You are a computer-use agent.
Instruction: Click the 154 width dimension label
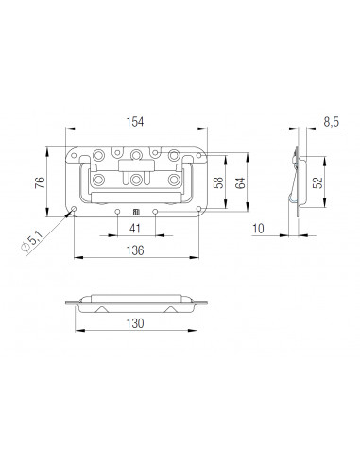pos(135,122)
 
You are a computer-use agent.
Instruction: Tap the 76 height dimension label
pos(40,182)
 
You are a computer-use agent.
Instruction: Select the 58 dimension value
pos(218,182)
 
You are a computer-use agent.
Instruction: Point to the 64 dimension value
pos(240,183)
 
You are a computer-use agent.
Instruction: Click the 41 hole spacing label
pos(135,229)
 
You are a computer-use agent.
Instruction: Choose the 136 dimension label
pos(135,250)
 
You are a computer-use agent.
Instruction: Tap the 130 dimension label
pos(135,323)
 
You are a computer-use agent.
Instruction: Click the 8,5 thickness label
pos(332,122)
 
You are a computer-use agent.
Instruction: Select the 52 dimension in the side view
pos(318,182)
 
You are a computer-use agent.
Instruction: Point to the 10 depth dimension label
pos(258,229)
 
